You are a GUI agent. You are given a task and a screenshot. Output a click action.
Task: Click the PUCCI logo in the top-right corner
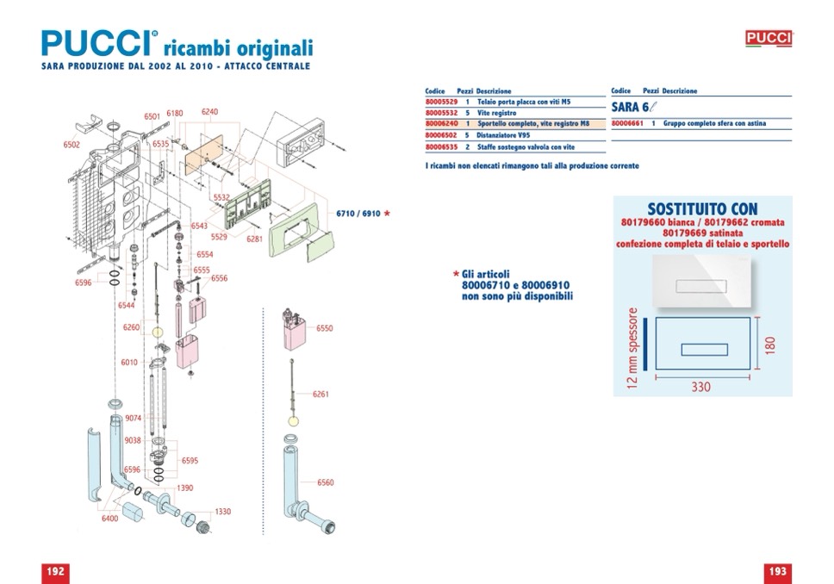coord(768,39)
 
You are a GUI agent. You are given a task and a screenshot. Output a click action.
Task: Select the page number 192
coord(55,571)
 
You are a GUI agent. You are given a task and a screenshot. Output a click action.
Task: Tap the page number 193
coord(777,571)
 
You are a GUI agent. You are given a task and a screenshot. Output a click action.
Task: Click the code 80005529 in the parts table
coord(441,102)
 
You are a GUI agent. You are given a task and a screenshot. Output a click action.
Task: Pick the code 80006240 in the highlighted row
coord(441,124)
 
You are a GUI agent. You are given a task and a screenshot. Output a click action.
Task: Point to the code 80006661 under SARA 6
coord(627,124)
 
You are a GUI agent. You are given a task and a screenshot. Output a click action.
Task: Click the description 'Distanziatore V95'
coord(504,135)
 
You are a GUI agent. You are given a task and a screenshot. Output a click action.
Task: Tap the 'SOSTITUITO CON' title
coord(702,209)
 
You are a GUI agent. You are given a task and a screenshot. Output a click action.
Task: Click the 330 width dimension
coord(701,388)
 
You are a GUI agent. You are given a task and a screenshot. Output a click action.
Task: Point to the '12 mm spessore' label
coord(633,346)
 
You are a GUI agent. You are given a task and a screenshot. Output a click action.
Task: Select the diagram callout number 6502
coord(72,145)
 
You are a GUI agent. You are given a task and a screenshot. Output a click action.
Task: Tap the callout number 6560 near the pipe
coord(325,483)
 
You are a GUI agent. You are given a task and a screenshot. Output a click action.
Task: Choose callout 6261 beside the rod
coord(321,395)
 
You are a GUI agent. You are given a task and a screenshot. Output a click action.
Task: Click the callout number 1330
coord(223,512)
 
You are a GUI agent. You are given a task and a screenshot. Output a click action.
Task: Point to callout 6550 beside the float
coord(324,329)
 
